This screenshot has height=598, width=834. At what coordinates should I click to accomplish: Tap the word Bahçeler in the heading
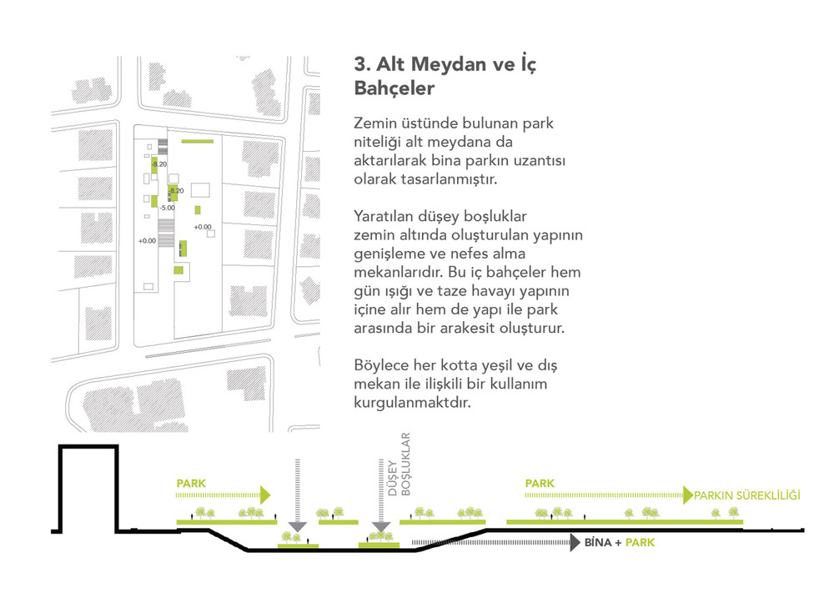[x=394, y=88]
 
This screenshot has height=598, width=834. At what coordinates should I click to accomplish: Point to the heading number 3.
[x=362, y=64]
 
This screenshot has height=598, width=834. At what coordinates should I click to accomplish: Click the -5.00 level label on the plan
[x=168, y=208]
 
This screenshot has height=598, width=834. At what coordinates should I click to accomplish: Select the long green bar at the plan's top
[x=198, y=141]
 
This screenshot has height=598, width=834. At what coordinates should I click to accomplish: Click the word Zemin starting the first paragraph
[x=375, y=123]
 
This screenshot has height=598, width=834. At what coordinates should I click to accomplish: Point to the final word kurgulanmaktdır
[x=412, y=403]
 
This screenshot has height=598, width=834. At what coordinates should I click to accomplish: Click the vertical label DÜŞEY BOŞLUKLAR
[x=399, y=465]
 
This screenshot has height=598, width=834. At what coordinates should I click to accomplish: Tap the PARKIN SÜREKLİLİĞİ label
[x=746, y=495]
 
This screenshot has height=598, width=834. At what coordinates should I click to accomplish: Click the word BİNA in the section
[x=598, y=543]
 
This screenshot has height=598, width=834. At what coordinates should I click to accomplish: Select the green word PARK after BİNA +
[x=640, y=543]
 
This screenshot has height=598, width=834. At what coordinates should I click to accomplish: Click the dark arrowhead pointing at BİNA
[x=575, y=543]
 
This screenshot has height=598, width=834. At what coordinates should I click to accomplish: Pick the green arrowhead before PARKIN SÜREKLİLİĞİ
[x=688, y=495]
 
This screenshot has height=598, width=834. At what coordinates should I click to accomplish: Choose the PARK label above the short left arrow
[x=191, y=484]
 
